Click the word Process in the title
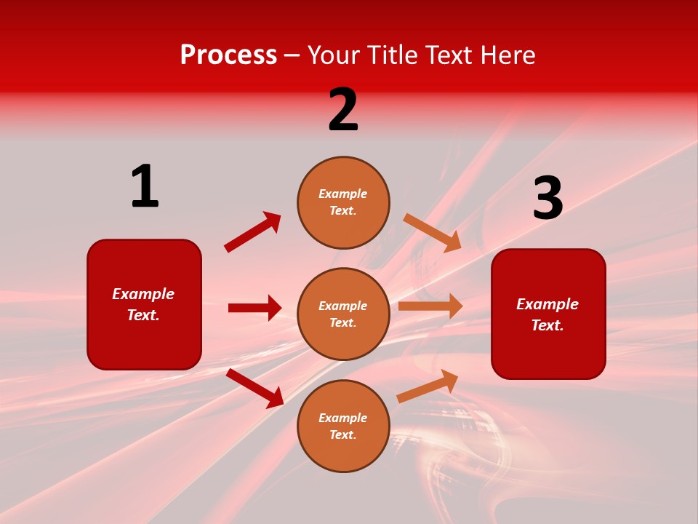pos(228,55)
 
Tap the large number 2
pos(343,110)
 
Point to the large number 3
pos(547,199)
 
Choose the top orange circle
pos(343,202)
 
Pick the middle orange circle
pos(343,314)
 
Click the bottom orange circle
pos(343,426)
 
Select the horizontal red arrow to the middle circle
pos(254,308)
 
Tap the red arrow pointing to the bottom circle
pos(255,388)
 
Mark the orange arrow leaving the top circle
pos(433,233)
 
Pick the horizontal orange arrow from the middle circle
pos(430,306)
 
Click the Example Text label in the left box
pos(143,304)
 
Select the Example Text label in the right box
pos(547,314)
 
